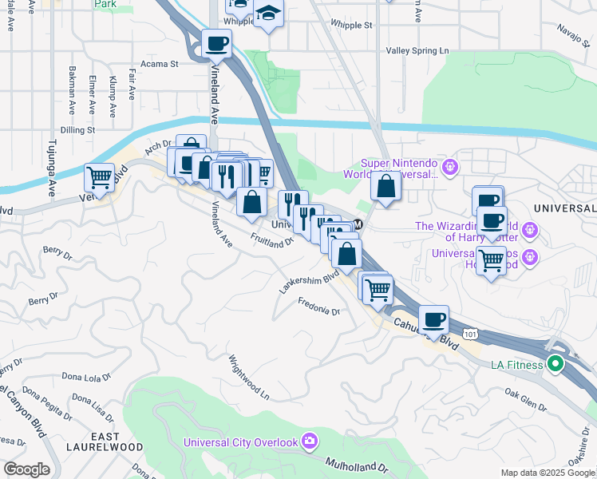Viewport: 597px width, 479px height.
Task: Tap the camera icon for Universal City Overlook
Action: (x=310, y=441)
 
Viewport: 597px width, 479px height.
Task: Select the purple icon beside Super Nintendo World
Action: (x=450, y=168)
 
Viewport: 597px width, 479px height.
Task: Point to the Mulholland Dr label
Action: (x=356, y=463)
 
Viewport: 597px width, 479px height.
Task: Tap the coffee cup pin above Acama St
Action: (x=215, y=44)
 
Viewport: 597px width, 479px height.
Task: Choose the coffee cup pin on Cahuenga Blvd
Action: (x=433, y=319)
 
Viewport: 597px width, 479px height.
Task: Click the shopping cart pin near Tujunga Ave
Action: (x=99, y=176)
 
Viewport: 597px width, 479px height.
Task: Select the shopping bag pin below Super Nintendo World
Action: (x=385, y=187)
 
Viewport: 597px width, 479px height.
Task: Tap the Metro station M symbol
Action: (x=358, y=224)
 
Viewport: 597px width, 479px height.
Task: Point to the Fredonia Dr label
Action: (x=319, y=307)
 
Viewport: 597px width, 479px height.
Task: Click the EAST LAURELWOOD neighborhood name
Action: (x=117, y=441)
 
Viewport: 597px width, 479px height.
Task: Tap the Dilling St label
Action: (x=77, y=129)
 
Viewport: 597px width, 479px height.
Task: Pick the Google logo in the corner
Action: (x=26, y=469)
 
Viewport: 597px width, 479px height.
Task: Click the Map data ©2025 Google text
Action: (x=547, y=473)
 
